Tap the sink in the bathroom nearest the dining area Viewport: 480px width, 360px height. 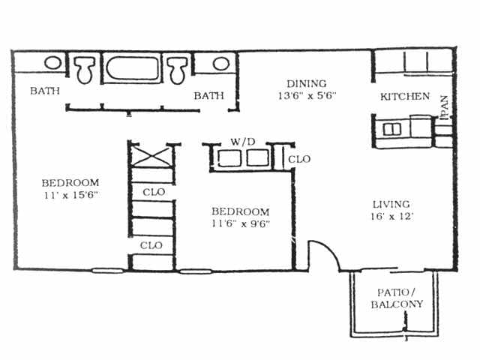click(x=220, y=63)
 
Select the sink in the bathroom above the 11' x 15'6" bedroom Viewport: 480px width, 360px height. click(x=52, y=63)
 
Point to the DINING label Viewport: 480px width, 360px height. click(x=307, y=83)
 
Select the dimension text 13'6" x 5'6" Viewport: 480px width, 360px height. click(x=307, y=96)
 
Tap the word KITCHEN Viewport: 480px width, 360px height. click(x=405, y=97)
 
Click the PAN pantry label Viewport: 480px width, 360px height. click(x=445, y=107)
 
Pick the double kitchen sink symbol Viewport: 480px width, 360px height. click(x=392, y=129)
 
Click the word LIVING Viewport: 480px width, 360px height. click(x=391, y=204)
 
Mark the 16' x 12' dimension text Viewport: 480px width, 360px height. click(x=391, y=217)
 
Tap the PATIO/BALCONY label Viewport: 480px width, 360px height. click(x=397, y=298)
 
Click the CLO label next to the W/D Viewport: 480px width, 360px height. click(x=299, y=160)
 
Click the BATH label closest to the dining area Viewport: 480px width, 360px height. click(x=209, y=96)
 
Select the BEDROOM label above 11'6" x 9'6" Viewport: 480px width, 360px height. click(x=240, y=211)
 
